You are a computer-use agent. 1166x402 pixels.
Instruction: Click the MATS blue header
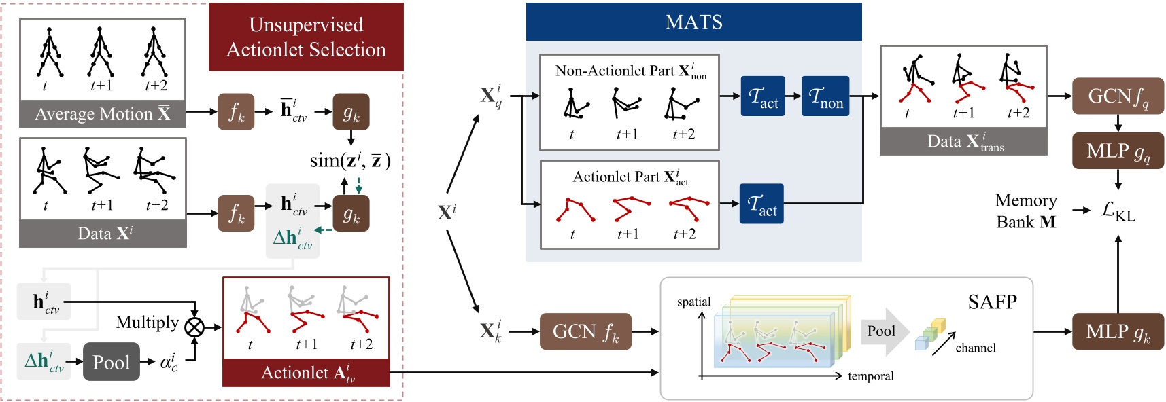(x=693, y=22)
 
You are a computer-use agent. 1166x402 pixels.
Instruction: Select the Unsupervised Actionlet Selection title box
(x=306, y=37)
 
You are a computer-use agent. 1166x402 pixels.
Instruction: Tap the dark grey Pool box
(x=111, y=362)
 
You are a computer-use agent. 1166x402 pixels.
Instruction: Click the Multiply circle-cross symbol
(x=194, y=327)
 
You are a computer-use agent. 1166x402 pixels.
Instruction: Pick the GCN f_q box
(x=1117, y=96)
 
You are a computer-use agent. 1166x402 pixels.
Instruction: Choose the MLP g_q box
(x=1117, y=151)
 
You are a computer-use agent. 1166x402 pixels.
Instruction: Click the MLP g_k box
(x=1117, y=331)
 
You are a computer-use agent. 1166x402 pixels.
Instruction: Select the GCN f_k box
(x=585, y=331)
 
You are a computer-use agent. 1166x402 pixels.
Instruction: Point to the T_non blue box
(x=825, y=96)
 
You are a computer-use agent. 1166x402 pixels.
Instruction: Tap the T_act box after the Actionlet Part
(x=761, y=204)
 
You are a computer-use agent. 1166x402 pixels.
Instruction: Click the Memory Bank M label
(x=1025, y=211)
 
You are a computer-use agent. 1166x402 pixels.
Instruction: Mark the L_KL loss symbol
(x=1118, y=211)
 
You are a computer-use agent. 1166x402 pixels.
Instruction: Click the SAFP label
(x=992, y=301)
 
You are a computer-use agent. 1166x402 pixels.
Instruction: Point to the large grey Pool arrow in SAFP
(x=884, y=331)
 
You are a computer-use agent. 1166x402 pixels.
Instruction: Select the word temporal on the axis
(x=870, y=376)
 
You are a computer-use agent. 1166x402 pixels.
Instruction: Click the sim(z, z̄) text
(x=349, y=161)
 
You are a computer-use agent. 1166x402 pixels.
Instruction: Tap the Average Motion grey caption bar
(x=103, y=114)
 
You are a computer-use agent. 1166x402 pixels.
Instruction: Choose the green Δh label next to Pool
(x=44, y=361)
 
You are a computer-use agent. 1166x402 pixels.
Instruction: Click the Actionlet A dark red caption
(x=307, y=373)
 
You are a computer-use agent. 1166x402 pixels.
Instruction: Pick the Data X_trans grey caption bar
(x=963, y=142)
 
